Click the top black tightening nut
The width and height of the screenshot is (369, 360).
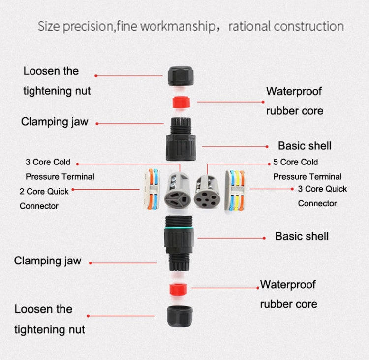coord(181,75)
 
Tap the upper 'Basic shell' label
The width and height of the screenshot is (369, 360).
coord(305,146)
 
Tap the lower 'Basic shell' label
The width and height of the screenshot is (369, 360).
coord(302,236)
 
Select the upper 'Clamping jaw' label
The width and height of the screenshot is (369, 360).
coord(54,122)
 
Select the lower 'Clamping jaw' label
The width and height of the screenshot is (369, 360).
coord(47,261)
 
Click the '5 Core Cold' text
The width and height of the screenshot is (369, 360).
coord(295,162)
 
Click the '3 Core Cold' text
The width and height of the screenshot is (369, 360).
coord(48,162)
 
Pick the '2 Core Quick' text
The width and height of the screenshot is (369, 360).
coord(44,191)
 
